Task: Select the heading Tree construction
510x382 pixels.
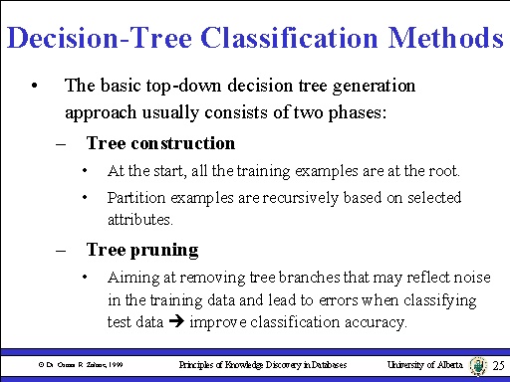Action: click(160, 143)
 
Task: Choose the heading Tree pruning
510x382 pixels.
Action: click(142, 250)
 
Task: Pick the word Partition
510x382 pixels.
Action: click(135, 197)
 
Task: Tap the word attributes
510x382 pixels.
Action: click(138, 218)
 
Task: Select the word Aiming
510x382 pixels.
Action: click(131, 277)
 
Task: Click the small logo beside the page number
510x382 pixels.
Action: click(477, 366)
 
